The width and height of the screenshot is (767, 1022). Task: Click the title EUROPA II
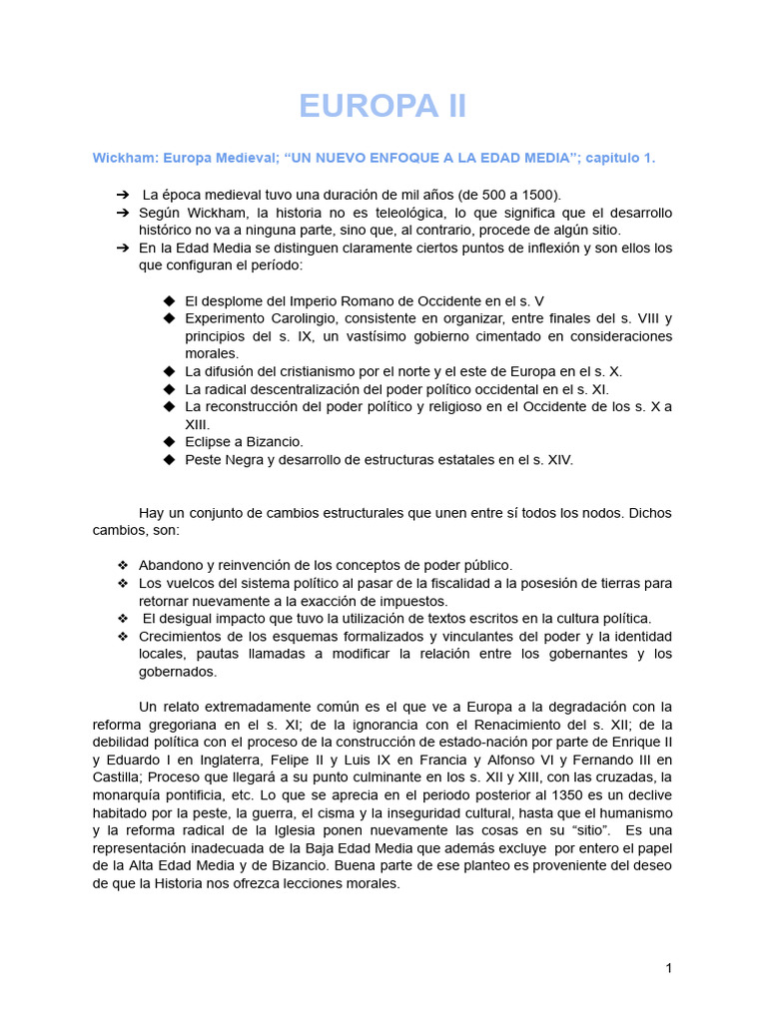click(383, 106)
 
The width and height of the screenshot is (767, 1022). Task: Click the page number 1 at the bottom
click(668, 967)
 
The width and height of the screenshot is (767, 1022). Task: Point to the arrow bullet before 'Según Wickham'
click(122, 214)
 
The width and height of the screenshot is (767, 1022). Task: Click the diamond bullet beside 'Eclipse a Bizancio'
click(169, 442)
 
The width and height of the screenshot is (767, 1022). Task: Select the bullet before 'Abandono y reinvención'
click(123, 565)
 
